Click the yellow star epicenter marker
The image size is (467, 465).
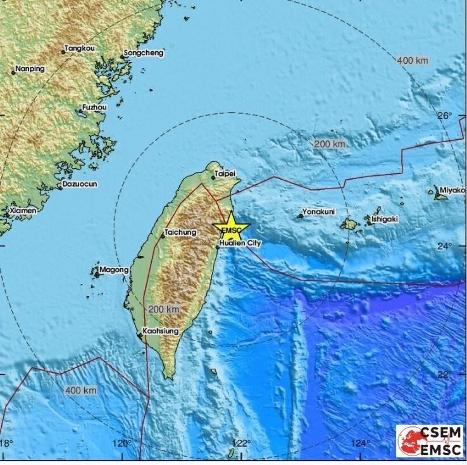[232, 228]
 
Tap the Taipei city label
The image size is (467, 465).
[225, 173]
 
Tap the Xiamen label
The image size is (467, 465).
[23, 209]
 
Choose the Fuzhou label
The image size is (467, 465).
[95, 108]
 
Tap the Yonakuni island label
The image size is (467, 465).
[319, 211]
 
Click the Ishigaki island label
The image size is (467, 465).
[385, 219]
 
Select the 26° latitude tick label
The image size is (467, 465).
[447, 116]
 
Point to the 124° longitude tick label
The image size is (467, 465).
[361, 443]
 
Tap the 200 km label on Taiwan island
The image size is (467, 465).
[163, 309]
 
